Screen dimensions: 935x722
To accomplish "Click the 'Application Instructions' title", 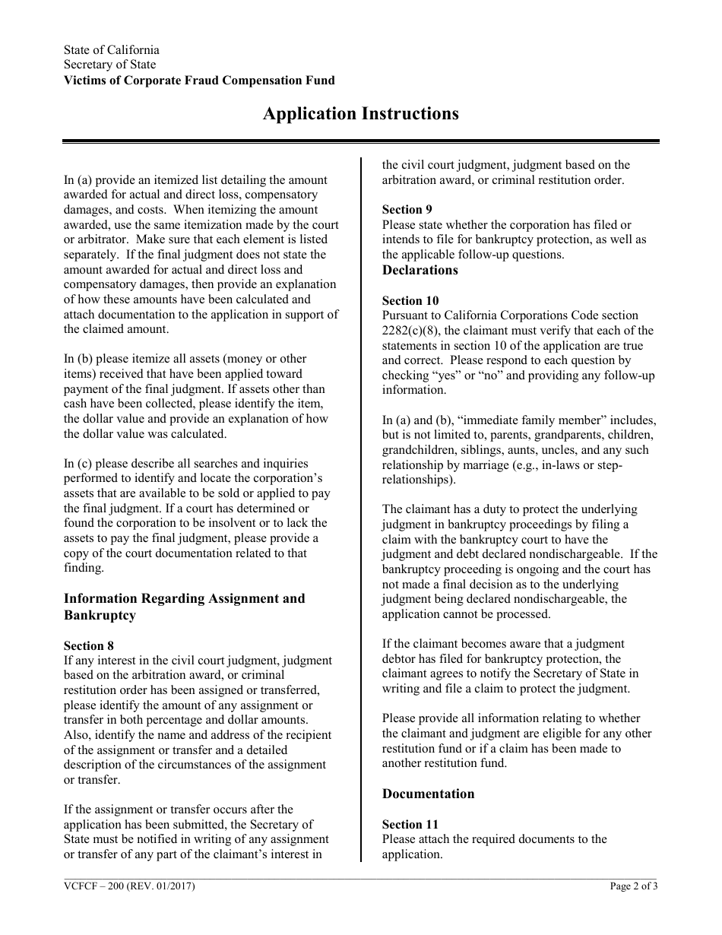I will pyautogui.click(x=360, y=114).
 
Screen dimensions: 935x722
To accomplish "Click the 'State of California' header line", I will pyautogui.click(x=111, y=50).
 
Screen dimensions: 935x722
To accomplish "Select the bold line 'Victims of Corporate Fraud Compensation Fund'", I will pyautogui.click(x=199, y=81).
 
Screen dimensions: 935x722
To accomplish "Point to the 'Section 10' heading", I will pyautogui.click(x=410, y=301).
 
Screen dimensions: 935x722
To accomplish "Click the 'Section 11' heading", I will pyautogui.click(x=410, y=825).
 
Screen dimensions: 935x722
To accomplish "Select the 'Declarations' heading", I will pyautogui.click(x=420, y=271).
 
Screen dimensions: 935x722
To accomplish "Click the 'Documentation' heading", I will pyautogui.click(x=428, y=794).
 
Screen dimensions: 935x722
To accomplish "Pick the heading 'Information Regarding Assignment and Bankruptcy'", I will pyautogui.click(x=184, y=607).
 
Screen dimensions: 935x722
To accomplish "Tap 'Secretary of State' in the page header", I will pyautogui.click(x=109, y=65).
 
